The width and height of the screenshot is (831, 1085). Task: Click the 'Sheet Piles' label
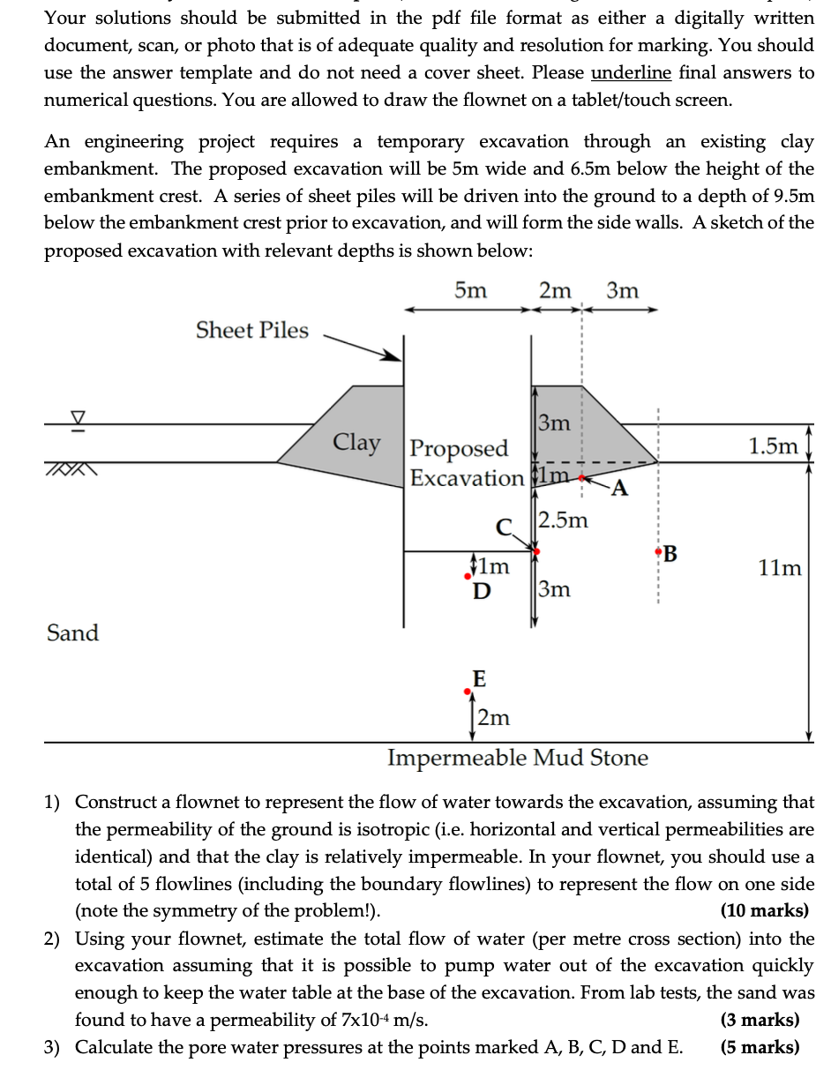click(252, 331)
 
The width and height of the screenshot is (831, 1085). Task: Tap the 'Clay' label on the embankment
click(356, 443)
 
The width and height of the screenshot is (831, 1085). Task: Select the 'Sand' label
click(72, 632)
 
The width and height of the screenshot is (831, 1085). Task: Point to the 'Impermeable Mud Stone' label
click(518, 758)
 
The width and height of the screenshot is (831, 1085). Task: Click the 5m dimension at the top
click(470, 290)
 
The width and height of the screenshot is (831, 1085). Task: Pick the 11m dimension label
click(780, 567)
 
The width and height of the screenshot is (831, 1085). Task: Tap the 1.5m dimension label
click(773, 445)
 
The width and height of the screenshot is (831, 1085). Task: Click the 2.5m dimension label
click(563, 520)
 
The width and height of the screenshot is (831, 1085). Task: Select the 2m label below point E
click(493, 717)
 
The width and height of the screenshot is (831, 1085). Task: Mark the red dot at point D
click(468, 578)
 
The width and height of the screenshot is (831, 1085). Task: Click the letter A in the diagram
click(620, 488)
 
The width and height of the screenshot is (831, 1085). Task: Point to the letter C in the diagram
click(504, 528)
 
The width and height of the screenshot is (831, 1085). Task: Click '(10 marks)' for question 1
click(764, 910)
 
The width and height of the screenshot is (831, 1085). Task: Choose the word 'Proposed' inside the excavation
click(460, 449)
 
